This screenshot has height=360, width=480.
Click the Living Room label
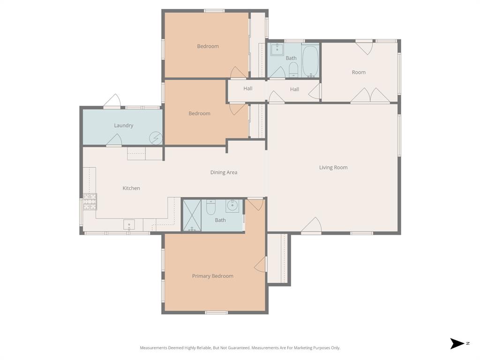tap(333, 167)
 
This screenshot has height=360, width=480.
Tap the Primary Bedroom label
tap(212, 276)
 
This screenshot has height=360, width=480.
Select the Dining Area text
tap(224, 172)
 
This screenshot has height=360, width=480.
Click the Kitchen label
tap(131, 188)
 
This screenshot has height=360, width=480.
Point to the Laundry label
tap(124, 126)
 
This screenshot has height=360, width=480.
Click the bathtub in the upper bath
tap(310, 60)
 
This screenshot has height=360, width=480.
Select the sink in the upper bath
tap(277, 49)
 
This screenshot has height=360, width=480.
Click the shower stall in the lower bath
tap(192, 216)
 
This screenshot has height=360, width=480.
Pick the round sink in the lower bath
tap(232, 205)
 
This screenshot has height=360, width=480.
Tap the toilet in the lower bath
tap(210, 207)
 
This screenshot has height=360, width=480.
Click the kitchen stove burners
tap(90, 201)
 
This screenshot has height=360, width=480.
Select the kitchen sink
tap(129, 225)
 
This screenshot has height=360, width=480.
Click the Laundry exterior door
tap(112, 101)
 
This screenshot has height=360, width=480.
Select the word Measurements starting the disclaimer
tap(154, 348)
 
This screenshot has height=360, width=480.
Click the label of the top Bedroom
tap(208, 46)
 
